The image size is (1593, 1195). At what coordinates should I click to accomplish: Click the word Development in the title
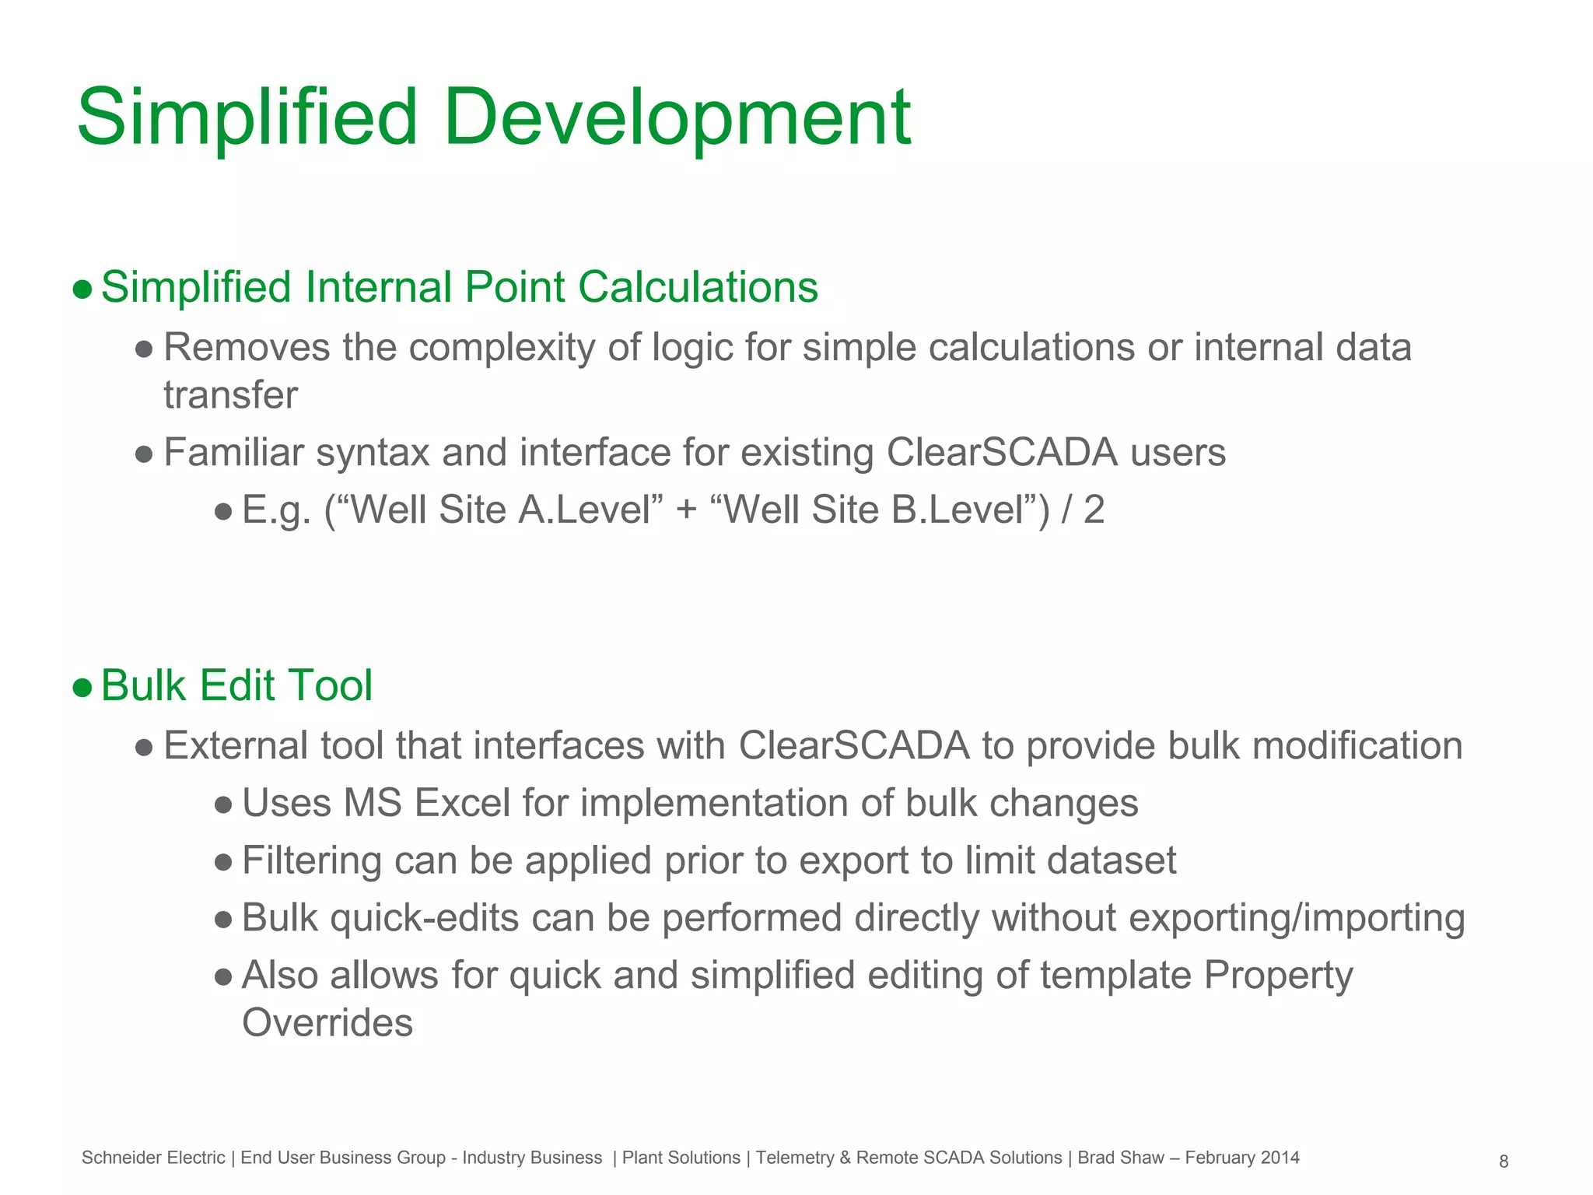point(677,118)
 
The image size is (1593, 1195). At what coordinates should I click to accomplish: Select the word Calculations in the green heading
point(698,287)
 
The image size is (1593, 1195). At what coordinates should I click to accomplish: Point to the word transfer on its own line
point(230,395)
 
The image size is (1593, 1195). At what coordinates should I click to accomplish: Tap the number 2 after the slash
point(1094,510)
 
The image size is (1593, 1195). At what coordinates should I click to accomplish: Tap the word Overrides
point(327,1023)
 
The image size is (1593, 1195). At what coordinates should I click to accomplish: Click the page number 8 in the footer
point(1504,1162)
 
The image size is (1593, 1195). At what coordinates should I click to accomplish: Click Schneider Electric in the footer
point(153,1158)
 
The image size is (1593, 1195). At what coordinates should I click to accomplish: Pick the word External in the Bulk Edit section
point(236,746)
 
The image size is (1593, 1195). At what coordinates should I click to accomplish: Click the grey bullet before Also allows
point(223,977)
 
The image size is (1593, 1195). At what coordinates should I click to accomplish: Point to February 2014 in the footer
point(1242,1158)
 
